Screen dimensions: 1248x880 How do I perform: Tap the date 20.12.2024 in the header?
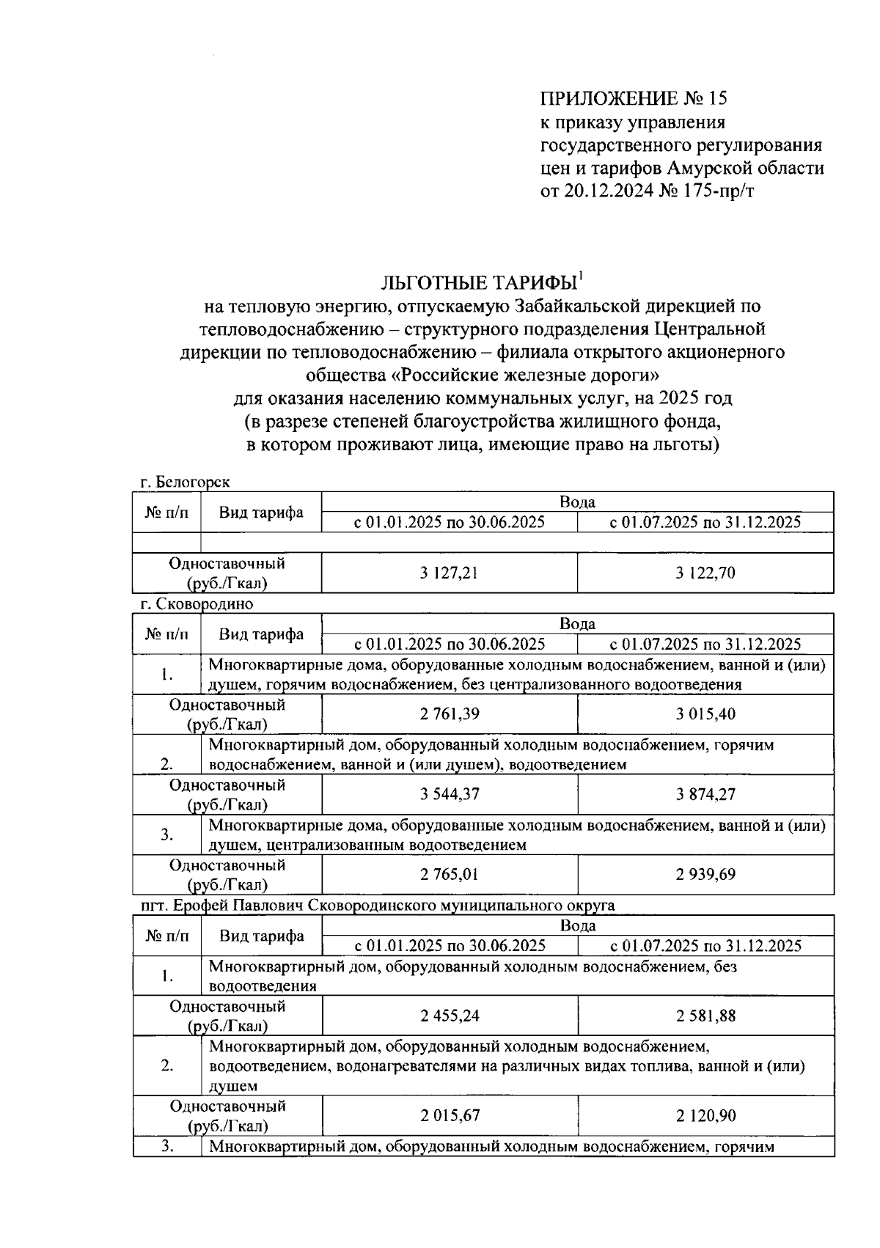606,191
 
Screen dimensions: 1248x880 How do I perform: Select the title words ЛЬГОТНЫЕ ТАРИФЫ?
478,284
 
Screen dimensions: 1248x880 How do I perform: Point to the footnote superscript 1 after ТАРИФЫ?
581,276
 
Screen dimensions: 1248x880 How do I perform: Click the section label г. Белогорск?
186,482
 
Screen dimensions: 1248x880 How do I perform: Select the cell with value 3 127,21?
450,573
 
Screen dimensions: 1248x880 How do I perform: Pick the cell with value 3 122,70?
705,573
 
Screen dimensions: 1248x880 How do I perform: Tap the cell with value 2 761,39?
450,714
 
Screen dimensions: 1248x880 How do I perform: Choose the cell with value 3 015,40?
705,714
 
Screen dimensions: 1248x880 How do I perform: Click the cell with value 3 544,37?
450,794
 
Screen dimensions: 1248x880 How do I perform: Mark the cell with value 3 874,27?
705,794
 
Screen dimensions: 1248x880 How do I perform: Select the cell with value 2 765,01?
450,874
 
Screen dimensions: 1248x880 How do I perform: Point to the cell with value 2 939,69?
705,874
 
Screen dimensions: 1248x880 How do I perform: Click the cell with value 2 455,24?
450,1016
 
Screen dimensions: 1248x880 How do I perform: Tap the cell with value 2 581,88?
705,1016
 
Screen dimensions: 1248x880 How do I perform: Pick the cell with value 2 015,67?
450,1116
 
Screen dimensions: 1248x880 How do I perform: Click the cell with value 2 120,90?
705,1116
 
